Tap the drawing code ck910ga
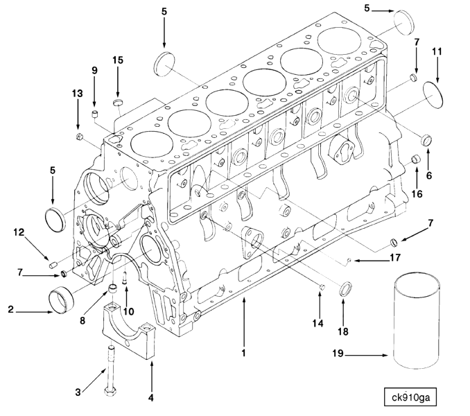tap(413, 399)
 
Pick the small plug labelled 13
tap(80, 136)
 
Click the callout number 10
tap(129, 311)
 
